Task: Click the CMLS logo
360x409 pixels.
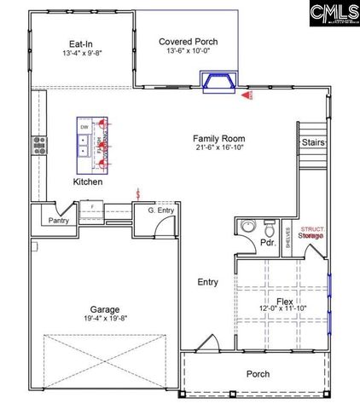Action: click(324, 16)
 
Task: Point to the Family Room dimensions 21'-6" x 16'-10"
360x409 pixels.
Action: click(206, 147)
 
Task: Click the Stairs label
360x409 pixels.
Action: click(311, 142)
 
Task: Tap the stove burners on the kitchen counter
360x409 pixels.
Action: click(38, 146)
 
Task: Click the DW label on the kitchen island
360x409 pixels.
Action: click(84, 127)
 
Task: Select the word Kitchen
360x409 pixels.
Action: click(88, 182)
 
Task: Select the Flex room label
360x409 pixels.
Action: click(284, 302)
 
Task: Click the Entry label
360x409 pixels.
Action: click(207, 282)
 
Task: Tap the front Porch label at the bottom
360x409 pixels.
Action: click(258, 373)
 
